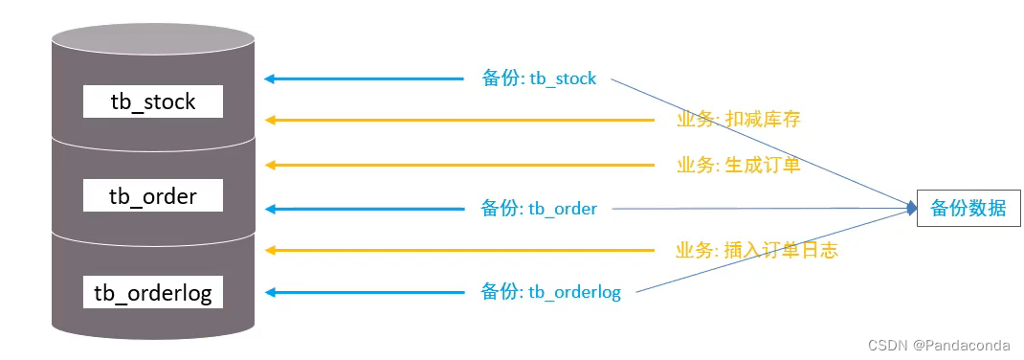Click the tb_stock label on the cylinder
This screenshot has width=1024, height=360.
tap(153, 101)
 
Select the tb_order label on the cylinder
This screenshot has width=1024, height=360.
tap(153, 196)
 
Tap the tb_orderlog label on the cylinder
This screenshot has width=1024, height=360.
tap(153, 292)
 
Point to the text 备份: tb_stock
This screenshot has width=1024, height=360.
tap(539, 79)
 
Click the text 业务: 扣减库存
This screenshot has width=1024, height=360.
tap(738, 120)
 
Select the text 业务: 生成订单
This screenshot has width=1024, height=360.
tap(738, 165)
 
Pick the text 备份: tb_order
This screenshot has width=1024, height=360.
tap(539, 209)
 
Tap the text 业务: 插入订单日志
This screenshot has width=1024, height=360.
tap(757, 251)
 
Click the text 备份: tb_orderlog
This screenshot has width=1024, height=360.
tap(550, 292)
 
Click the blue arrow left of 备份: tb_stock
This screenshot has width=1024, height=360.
tap(364, 79)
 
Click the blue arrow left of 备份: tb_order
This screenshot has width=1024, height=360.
tap(364, 209)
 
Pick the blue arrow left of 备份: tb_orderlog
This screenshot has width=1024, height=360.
tap(364, 292)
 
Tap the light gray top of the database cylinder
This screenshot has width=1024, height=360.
tap(153, 39)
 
